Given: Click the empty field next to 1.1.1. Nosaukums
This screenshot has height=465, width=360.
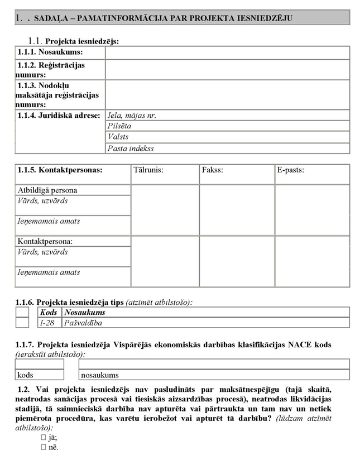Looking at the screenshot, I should pyautogui.click(x=227, y=52).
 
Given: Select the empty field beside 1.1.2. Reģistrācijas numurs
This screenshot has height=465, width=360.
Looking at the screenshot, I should pyautogui.click(x=227, y=69).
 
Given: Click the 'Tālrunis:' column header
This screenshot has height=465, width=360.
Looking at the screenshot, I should pyautogui.click(x=148, y=170).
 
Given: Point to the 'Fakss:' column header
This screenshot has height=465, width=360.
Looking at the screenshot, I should pyautogui.click(x=213, y=170).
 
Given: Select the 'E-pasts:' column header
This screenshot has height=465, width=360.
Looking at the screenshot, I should pyautogui.click(x=291, y=170).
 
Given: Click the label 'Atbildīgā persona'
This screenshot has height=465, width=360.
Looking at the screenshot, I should pyautogui.click(x=47, y=190).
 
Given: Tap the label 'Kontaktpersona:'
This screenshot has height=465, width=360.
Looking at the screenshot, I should pyautogui.click(x=46, y=242).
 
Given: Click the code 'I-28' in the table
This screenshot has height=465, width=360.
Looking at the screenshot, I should pyautogui.click(x=47, y=323).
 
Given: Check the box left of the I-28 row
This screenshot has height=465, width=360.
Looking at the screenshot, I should pyautogui.click(x=22, y=323).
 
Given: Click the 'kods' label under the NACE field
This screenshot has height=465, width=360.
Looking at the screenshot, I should pyautogui.click(x=26, y=375).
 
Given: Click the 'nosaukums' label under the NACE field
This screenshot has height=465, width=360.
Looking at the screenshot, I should pyautogui.click(x=100, y=375).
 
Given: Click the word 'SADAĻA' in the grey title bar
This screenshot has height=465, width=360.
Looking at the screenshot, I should pyautogui.click(x=52, y=18).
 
